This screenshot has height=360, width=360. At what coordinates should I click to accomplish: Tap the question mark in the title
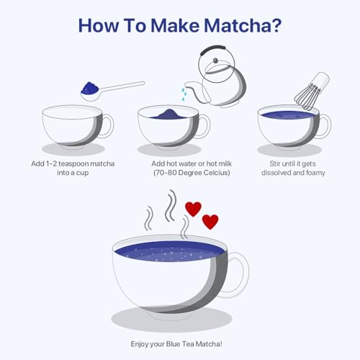tap(277, 25)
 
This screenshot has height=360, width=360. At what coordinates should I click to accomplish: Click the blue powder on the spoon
tap(89, 88)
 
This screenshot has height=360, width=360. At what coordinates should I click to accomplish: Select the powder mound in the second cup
tap(168, 114)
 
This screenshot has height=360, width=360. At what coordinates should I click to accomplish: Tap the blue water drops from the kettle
tap(184, 94)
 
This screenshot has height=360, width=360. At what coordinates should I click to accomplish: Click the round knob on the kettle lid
tap(215, 60)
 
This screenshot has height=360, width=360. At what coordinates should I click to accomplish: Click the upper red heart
tap(193, 209)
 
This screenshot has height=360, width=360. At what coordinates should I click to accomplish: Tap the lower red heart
tap(210, 222)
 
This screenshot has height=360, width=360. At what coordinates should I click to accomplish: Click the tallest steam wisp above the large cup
tap(171, 205)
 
